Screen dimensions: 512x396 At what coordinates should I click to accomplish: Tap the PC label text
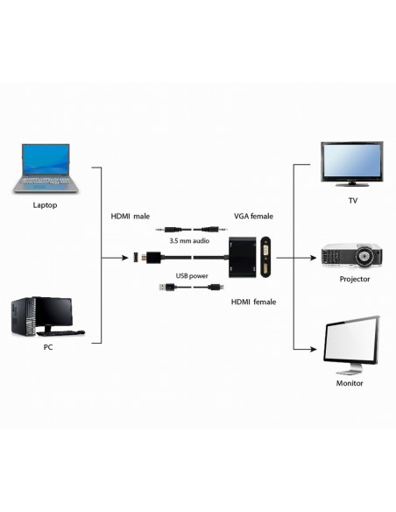click(48, 346)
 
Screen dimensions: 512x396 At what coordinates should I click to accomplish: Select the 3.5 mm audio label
click(187, 239)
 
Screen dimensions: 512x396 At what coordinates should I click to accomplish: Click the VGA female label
click(253, 216)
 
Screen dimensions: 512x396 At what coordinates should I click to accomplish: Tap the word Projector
click(355, 280)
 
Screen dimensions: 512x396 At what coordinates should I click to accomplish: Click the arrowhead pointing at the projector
click(311, 259)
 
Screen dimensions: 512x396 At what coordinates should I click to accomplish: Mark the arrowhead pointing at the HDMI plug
click(127, 259)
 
